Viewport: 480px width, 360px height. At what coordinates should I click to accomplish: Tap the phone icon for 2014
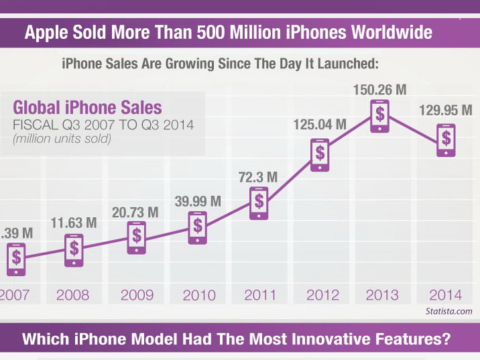[445, 139]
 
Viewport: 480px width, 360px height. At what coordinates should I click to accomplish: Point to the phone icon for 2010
[198, 226]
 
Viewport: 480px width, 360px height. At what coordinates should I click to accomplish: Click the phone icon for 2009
[137, 235]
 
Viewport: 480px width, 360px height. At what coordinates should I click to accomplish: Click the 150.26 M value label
[381, 88]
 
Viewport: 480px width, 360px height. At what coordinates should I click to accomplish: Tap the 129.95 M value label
[446, 110]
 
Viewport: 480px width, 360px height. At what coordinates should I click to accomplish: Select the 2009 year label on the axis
[136, 295]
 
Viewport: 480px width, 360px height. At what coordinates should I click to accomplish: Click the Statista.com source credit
[448, 311]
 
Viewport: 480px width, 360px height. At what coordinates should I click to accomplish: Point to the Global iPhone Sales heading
[88, 107]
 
